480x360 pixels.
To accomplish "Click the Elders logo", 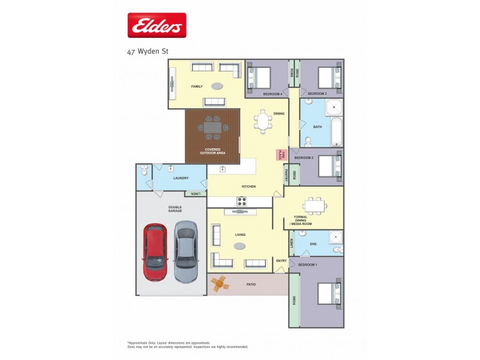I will click(157, 25).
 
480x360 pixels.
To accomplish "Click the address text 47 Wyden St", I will click(148, 52).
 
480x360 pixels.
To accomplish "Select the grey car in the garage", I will click(185, 252).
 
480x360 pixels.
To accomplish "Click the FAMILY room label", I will click(197, 87).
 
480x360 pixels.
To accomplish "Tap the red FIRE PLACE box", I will click(279, 154).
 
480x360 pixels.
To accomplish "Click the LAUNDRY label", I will click(181, 178).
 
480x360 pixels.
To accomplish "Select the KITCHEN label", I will click(249, 187).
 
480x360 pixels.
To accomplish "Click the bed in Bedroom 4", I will click(260, 77).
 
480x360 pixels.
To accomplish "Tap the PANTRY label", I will click(286, 175).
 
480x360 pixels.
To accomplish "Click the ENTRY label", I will click(281, 260).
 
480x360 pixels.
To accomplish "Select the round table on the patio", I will click(220, 283).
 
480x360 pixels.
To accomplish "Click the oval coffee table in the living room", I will click(239, 246).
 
